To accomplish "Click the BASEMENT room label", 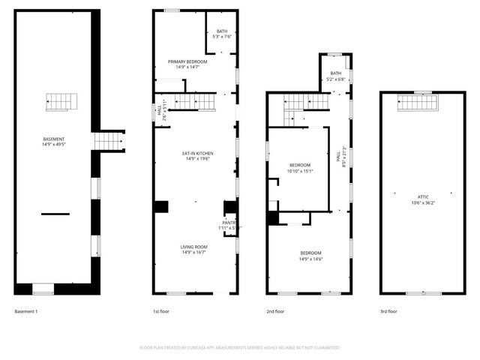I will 54,140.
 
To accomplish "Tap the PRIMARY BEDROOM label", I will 187,64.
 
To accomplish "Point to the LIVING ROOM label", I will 193,249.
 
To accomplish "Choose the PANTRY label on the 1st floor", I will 228,225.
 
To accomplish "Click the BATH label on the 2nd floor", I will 335,76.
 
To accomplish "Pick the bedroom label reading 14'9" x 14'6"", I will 310,256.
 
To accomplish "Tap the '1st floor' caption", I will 160,311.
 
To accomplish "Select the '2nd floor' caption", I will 275,311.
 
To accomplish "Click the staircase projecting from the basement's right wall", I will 108,140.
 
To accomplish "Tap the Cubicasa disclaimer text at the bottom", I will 240,348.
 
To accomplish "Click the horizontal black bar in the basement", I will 55,214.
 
